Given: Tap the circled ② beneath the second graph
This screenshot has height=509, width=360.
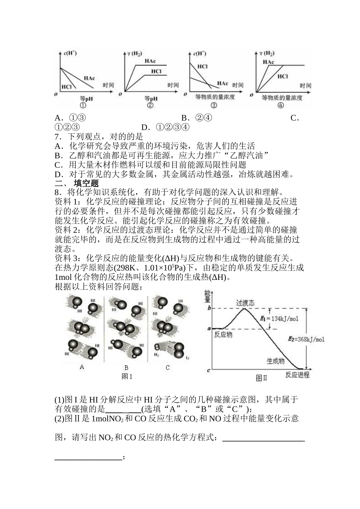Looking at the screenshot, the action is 150,106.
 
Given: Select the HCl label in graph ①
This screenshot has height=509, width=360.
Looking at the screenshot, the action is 67,87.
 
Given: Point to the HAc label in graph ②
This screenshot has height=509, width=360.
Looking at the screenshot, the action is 150,61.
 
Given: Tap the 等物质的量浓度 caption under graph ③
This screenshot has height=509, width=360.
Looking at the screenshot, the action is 215,97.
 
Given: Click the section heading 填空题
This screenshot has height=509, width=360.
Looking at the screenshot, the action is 86,184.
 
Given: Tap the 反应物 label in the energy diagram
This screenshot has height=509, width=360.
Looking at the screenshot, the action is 223,334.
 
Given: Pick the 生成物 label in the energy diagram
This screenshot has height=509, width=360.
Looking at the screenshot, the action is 275,361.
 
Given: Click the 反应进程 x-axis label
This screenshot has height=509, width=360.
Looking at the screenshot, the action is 297,375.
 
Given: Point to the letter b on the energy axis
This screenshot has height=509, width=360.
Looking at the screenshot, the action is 209,308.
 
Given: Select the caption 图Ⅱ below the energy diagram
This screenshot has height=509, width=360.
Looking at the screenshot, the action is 262,378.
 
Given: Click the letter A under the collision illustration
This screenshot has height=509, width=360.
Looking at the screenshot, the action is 82,367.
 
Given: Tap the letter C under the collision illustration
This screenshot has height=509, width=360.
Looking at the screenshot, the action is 167,367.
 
